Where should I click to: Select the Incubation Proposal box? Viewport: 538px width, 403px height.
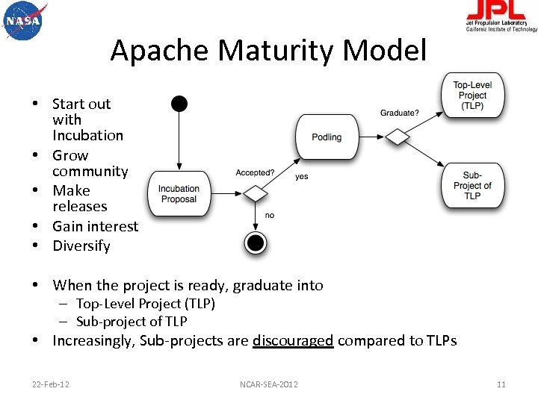point(179,194)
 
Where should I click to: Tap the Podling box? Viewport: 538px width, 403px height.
point(327,137)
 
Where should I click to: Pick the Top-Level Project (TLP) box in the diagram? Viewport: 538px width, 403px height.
point(472,96)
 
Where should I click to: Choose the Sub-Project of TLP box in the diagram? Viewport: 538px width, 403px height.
point(472,186)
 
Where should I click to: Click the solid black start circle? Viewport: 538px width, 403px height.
point(179,104)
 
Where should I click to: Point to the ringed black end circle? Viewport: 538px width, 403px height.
point(256,242)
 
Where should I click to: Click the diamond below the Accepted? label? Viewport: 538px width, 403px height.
point(256,193)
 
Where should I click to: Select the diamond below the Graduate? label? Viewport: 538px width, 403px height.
point(398,137)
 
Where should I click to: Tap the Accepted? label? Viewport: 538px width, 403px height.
point(255,172)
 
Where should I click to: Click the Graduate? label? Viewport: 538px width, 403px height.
point(400,113)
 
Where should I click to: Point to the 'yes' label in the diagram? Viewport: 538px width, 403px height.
point(301,177)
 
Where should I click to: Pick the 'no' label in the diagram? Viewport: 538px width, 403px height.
point(270,215)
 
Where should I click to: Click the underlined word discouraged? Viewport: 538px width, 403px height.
point(293,341)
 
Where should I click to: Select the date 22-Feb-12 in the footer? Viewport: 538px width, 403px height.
point(51,384)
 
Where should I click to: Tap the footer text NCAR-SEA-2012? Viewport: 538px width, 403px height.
point(269,384)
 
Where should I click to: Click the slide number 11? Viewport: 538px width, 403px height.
point(501,384)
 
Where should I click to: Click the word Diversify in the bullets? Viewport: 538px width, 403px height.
point(81,246)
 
